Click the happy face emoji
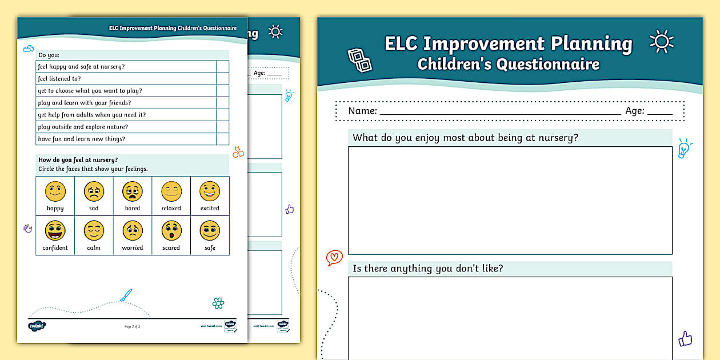pyautogui.click(x=55, y=191)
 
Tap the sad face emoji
pyautogui.click(x=94, y=191)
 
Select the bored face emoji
pyautogui.click(x=133, y=191)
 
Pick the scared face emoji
pyautogui.click(x=171, y=231)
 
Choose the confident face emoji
pyautogui.click(x=55, y=231)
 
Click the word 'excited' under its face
pyautogui.click(x=210, y=209)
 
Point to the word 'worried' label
pyautogui.click(x=133, y=248)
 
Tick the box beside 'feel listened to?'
pyautogui.click(x=222, y=79)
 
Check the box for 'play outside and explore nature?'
pyautogui.click(x=222, y=127)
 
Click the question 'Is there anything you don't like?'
pyautogui.click(x=428, y=269)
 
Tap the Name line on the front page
pyautogui.click(x=500, y=111)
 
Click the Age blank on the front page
pyautogui.click(x=659, y=111)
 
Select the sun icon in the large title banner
pyautogui.click(x=662, y=42)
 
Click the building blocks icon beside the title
pyautogui.click(x=359, y=60)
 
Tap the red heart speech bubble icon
pyautogui.click(x=334, y=258)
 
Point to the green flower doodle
pyautogui.click(x=218, y=303)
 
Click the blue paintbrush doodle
pyautogui.click(x=126, y=295)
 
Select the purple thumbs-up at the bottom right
pyautogui.click(x=685, y=338)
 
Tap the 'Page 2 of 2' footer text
pyautogui.click(x=132, y=326)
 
